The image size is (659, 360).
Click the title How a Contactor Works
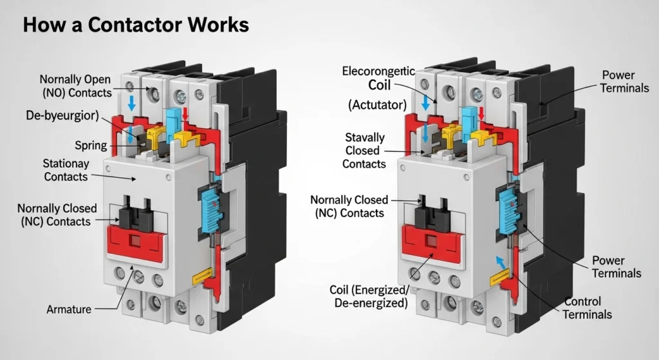(135, 26)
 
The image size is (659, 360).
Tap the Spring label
(91, 145)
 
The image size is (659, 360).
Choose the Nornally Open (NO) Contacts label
(75, 86)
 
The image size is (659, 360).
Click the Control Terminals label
(587, 308)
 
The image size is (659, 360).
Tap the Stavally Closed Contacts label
(364, 151)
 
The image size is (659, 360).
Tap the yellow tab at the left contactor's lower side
(202, 277)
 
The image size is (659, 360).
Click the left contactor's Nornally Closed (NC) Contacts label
(57, 214)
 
